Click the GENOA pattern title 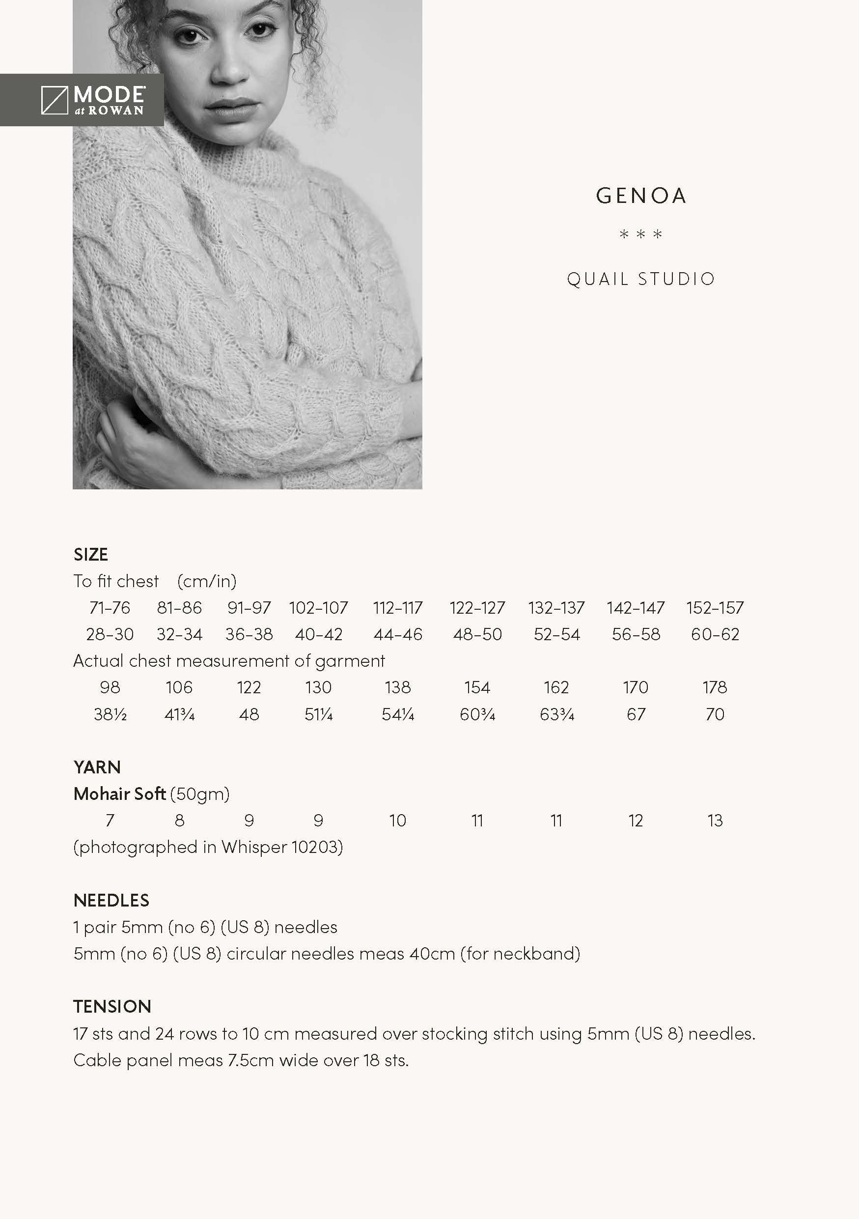coord(641,196)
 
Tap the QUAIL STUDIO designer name coord(641,279)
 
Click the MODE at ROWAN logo coord(93,100)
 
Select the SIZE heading coord(91,555)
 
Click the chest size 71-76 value coord(110,608)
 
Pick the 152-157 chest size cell coord(715,608)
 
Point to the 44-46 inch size coord(398,634)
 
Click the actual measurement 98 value coord(110,687)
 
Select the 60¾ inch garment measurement coord(477,714)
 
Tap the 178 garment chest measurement coord(715,687)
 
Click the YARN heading coord(97,767)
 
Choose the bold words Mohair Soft coord(120,794)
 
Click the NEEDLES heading coord(111,901)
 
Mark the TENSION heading coord(112,1007)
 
